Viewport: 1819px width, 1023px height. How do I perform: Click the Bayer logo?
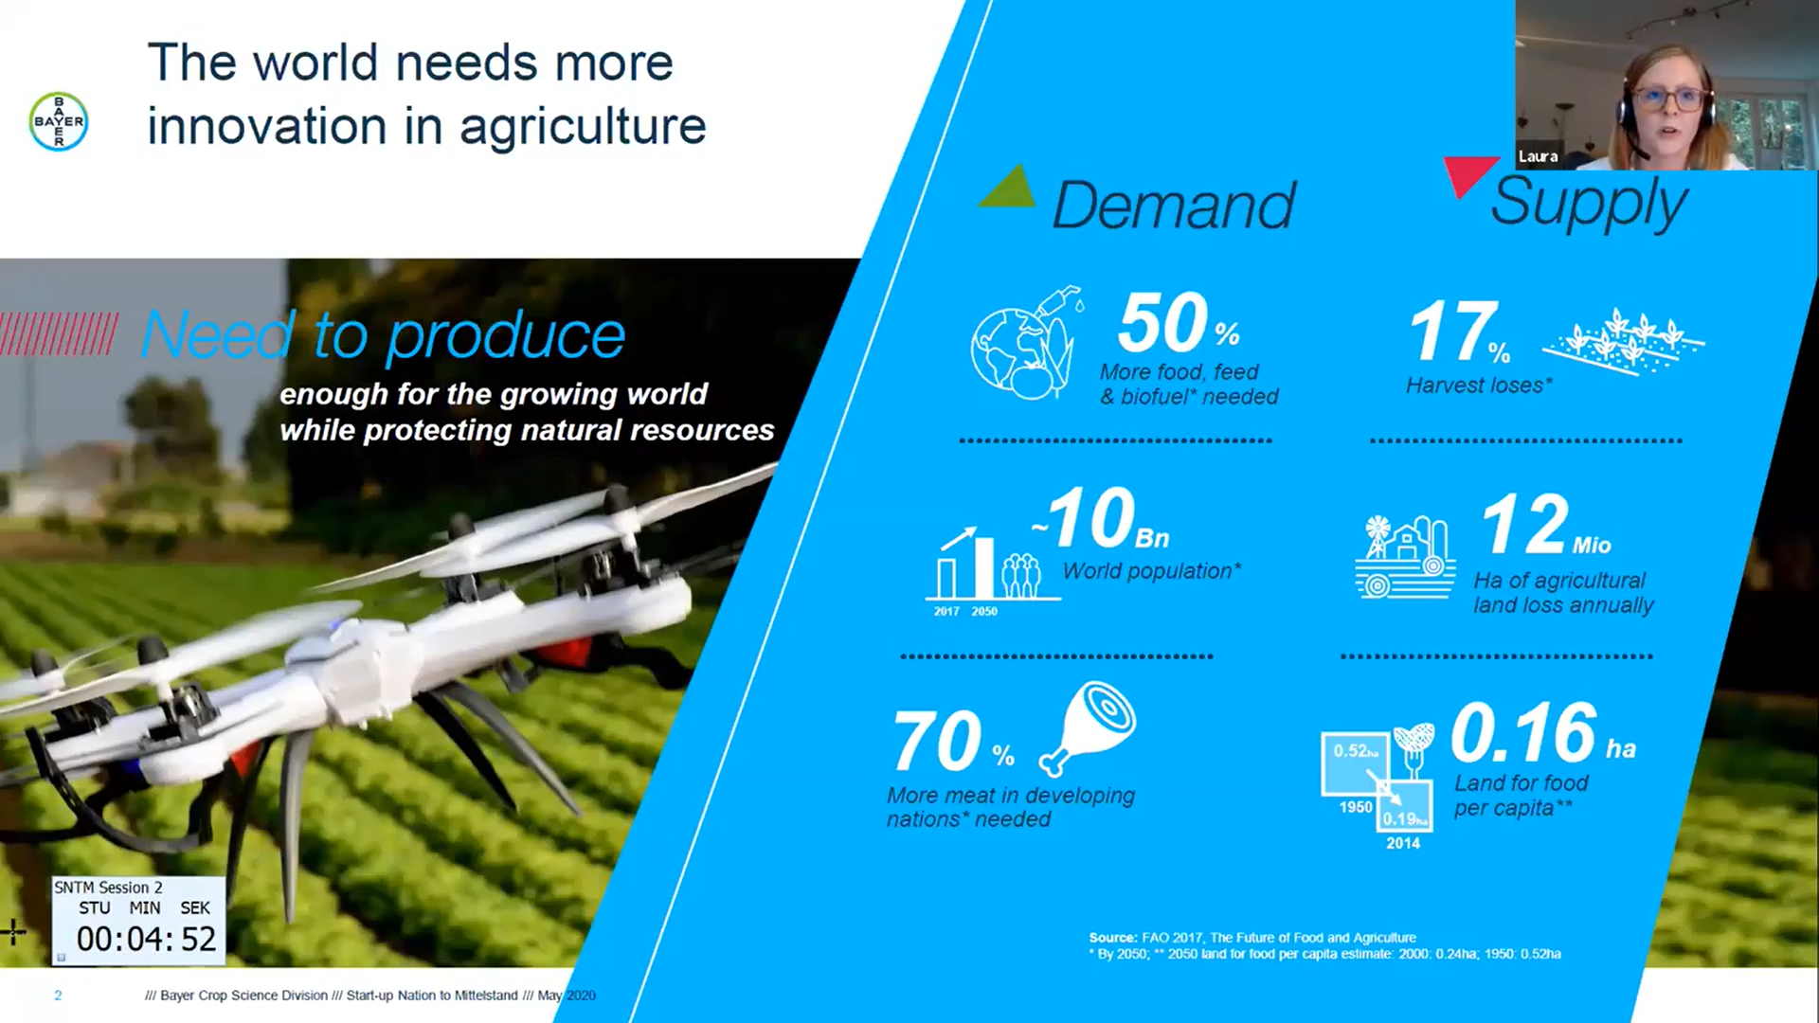click(x=59, y=121)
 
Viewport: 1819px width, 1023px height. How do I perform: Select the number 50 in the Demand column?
click(x=1162, y=323)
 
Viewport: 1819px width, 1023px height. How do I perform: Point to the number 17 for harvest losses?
click(x=1453, y=331)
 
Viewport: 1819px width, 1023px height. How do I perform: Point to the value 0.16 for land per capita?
click(x=1523, y=732)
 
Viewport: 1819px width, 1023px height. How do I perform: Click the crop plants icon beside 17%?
click(x=1623, y=341)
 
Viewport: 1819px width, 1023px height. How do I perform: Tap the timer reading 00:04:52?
click(x=147, y=939)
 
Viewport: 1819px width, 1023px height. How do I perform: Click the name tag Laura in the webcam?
click(x=1538, y=156)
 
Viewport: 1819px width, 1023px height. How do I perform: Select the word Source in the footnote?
click(x=1113, y=938)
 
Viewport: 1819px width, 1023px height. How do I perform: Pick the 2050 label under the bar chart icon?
click(x=984, y=612)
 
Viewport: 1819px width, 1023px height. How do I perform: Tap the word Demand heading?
click(x=1174, y=205)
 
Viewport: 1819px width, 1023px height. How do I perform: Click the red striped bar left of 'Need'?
click(x=59, y=334)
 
